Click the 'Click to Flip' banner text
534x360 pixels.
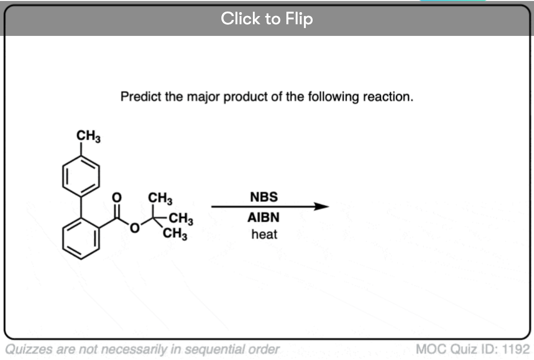pyautogui.click(x=267, y=19)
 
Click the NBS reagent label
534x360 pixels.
pyautogui.click(x=264, y=197)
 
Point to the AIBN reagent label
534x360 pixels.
pyautogui.click(x=264, y=218)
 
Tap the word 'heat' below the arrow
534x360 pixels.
pyautogui.click(x=264, y=234)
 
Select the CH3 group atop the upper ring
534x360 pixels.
pyautogui.click(x=88, y=137)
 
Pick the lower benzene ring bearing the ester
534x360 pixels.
pyautogui.click(x=82, y=235)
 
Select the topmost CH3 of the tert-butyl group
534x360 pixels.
pyautogui.click(x=160, y=198)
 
